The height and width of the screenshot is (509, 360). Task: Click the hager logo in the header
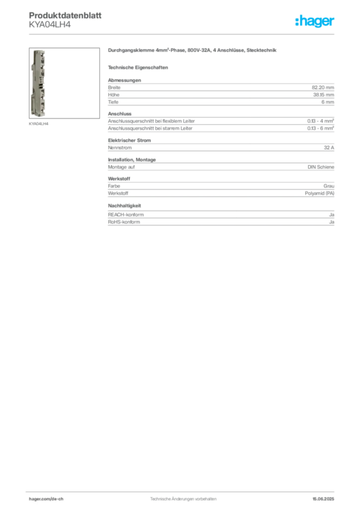click(314, 21)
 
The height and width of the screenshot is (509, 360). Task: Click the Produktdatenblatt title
click(65, 15)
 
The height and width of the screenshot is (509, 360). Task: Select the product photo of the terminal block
click(38, 83)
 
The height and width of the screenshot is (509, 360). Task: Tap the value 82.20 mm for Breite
click(323, 87)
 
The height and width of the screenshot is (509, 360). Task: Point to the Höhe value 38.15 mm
click(323, 95)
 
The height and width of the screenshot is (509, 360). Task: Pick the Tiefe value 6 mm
click(328, 102)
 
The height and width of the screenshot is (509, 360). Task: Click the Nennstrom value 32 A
click(329, 147)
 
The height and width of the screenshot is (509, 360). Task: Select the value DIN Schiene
click(321, 167)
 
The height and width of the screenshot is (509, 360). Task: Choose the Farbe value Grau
click(329, 186)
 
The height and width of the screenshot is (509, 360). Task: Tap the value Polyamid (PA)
click(319, 193)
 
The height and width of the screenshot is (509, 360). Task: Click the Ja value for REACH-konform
click(332, 215)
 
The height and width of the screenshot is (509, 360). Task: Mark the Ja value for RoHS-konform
click(332, 222)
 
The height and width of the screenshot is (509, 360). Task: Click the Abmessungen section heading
click(124, 80)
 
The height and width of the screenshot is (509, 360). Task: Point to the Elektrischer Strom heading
click(129, 140)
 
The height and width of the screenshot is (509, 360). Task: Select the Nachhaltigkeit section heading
click(124, 205)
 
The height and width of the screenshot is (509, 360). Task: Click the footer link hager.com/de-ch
click(46, 499)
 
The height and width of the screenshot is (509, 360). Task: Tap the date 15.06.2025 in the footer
click(323, 499)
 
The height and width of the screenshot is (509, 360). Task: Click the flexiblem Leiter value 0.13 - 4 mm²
click(320, 121)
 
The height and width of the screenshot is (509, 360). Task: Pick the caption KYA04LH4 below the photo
click(38, 124)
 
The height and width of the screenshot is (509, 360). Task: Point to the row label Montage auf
click(121, 167)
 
